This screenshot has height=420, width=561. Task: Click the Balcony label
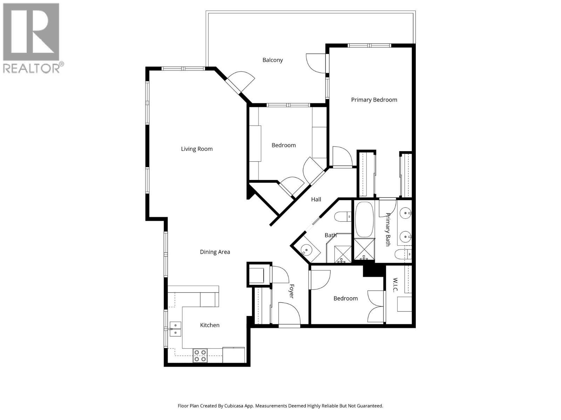click(x=272, y=60)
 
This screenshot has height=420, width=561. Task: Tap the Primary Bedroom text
click(x=374, y=100)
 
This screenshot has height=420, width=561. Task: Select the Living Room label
click(x=197, y=149)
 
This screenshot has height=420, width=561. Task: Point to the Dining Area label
click(x=215, y=252)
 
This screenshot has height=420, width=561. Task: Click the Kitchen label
click(x=210, y=325)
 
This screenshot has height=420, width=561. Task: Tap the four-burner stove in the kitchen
click(x=200, y=356)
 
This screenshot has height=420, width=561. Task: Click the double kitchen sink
click(x=175, y=329)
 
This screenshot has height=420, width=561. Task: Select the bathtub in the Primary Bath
click(x=365, y=219)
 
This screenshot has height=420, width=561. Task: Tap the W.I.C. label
click(x=395, y=285)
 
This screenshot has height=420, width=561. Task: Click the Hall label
click(x=316, y=199)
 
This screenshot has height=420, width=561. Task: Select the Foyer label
click(x=291, y=291)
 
